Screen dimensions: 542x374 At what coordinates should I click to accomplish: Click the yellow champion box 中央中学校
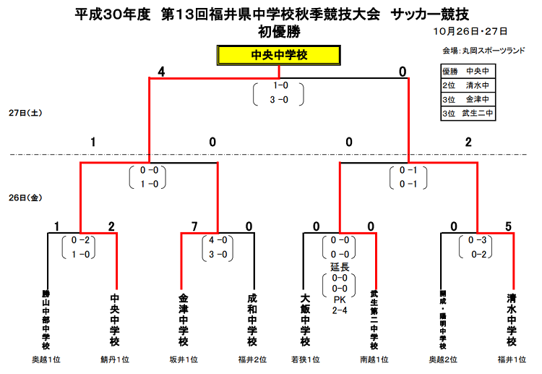point(279,55)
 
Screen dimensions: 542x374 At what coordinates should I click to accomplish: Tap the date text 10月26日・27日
point(470,32)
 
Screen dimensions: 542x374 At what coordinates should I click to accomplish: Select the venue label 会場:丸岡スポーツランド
point(483,51)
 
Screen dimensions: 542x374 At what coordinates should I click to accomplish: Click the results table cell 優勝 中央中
point(468,72)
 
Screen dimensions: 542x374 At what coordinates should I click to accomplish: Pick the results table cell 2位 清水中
point(468,85)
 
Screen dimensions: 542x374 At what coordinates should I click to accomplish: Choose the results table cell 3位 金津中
point(468,99)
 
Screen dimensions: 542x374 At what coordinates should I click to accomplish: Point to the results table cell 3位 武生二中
point(468,113)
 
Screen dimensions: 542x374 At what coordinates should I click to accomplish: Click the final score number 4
point(161,72)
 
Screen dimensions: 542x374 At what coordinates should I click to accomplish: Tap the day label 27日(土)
point(25,113)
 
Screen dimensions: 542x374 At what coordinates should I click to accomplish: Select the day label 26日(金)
point(25,198)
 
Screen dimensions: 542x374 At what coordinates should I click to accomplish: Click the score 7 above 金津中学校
point(194,226)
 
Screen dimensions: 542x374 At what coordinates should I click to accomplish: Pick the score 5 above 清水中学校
point(508,226)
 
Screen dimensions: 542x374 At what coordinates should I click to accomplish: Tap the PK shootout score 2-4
point(340,310)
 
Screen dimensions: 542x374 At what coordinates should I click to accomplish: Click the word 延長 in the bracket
point(340,267)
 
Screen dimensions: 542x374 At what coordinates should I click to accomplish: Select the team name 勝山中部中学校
point(46,320)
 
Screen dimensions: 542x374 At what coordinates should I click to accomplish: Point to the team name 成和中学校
point(252,320)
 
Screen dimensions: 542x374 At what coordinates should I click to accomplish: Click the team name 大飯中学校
point(305,320)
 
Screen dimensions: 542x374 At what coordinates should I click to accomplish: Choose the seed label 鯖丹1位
point(115,360)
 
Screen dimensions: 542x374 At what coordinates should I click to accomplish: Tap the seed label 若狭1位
point(306,360)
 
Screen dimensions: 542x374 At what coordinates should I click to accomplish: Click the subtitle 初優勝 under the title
point(279,32)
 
